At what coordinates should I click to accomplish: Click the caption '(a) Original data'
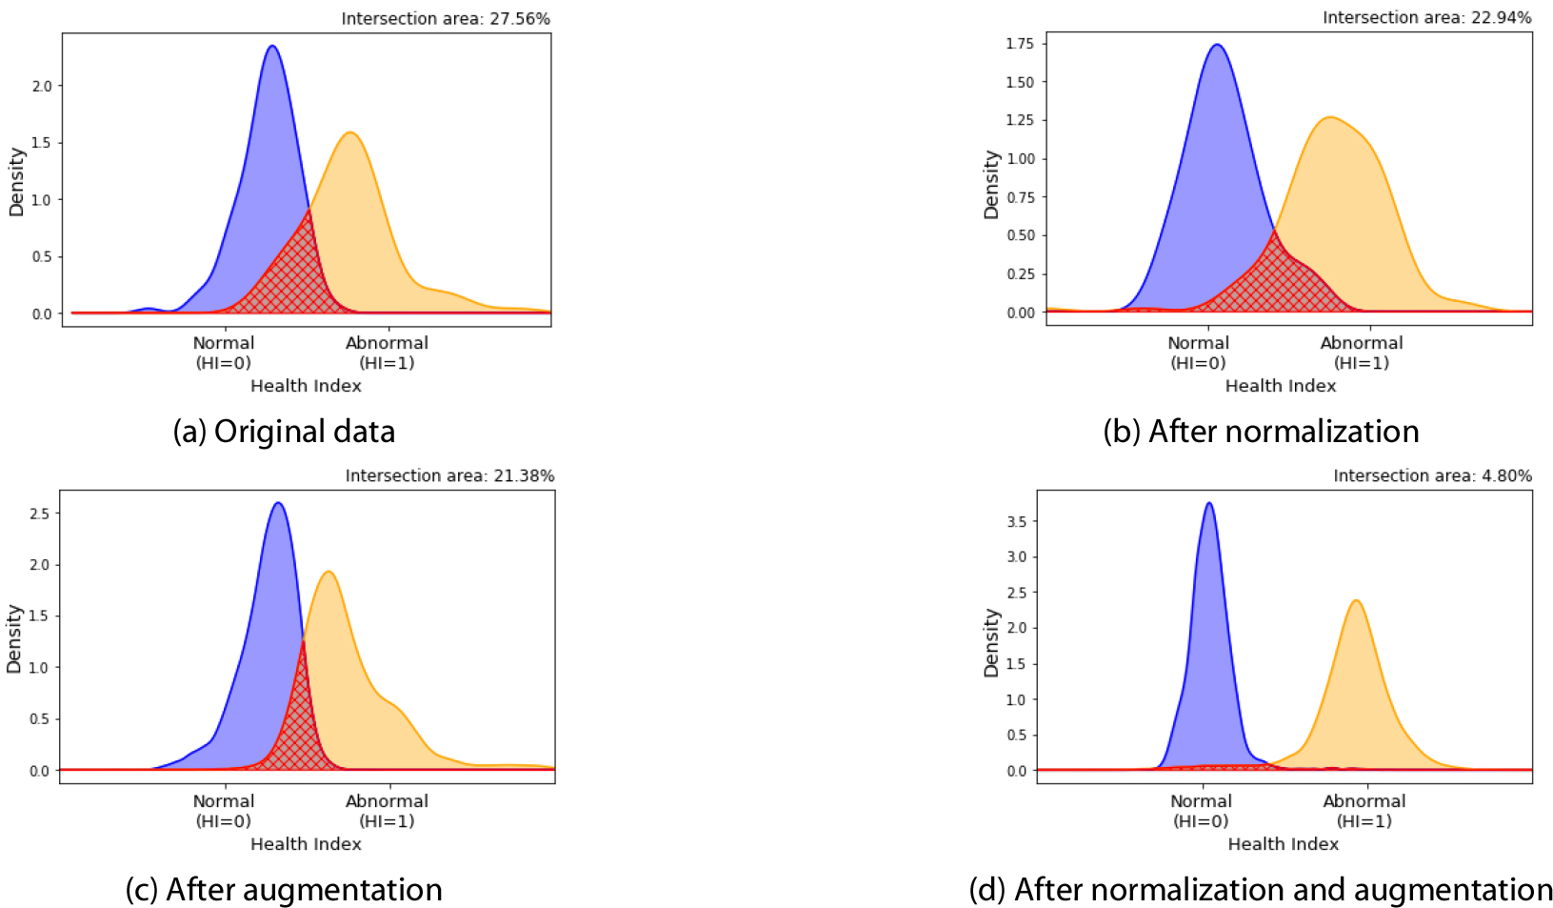point(284,432)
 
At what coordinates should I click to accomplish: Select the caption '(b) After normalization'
point(1261,432)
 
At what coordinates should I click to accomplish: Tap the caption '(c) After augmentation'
point(284,890)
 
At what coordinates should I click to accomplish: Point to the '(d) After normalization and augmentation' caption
point(1261,890)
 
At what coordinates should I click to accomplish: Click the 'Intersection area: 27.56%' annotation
point(446,19)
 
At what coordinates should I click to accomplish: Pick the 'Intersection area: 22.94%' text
point(1426,17)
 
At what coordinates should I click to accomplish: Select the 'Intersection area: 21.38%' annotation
point(449,475)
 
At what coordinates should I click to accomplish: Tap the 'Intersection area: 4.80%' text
point(1432,475)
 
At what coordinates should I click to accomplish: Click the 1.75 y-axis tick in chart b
point(1020,44)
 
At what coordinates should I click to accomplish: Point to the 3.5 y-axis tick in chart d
point(1017,522)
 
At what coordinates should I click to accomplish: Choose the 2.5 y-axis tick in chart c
point(39,514)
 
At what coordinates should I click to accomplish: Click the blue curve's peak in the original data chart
point(272,47)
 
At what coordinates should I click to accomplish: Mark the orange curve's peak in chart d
point(1355,601)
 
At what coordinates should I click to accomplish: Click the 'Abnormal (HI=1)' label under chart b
point(1362,353)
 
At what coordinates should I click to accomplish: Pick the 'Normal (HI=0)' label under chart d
point(1201,811)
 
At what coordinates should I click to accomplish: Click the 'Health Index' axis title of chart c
point(306,844)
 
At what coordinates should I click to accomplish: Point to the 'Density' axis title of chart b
point(991,185)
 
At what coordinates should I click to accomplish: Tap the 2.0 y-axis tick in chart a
point(42,86)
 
